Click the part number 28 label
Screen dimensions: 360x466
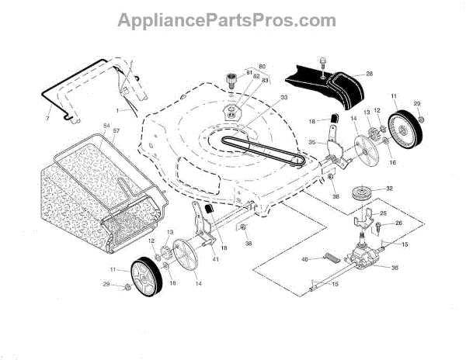[370, 74]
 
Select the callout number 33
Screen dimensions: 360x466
[262, 97]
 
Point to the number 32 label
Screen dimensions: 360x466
[389, 189]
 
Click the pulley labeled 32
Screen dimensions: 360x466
[363, 194]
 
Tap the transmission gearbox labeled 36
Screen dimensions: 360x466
[363, 256]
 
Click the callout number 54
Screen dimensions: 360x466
[106, 126]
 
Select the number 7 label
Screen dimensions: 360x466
[47, 117]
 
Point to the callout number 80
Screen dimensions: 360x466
[262, 66]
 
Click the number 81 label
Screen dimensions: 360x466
[250, 73]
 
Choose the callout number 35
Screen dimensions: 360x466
[311, 143]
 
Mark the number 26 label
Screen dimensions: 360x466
[399, 223]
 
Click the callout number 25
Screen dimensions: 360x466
[383, 212]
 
